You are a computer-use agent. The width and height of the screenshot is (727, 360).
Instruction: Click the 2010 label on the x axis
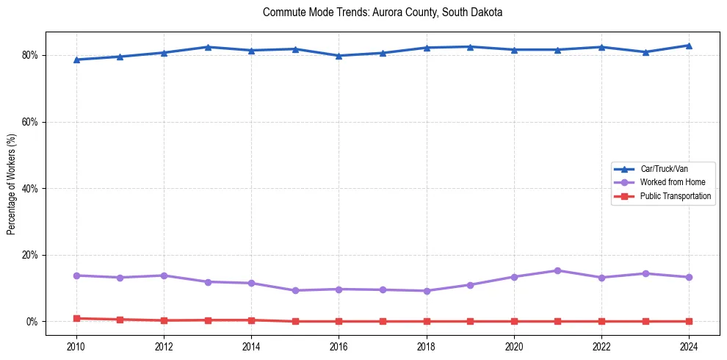coord(76,345)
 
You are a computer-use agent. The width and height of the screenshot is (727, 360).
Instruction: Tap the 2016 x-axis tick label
coord(339,345)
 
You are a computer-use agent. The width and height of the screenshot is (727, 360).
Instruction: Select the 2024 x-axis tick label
coord(689,345)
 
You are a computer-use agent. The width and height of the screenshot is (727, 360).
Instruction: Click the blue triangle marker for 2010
coord(76,60)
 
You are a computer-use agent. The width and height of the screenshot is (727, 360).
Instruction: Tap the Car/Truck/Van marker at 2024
coord(689,46)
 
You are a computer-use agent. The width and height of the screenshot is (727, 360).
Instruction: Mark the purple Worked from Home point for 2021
coord(557,270)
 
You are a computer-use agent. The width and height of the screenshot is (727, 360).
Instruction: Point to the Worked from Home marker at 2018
coord(426,291)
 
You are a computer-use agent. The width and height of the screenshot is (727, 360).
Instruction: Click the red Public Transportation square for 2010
coord(76,318)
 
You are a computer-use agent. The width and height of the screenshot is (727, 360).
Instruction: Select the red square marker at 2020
coord(514,321)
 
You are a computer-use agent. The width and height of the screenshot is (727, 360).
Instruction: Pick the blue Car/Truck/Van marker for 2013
coord(208,47)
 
